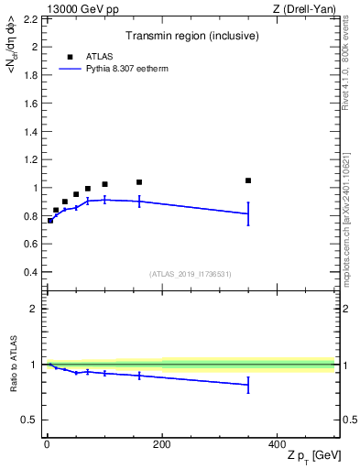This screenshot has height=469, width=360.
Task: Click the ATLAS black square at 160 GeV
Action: point(139,182)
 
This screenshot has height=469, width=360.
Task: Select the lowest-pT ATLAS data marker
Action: point(50,220)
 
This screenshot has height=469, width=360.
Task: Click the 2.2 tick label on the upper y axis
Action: point(31,18)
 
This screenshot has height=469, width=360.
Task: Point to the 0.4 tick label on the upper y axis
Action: point(31,272)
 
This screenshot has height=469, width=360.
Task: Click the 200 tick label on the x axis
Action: point(161,443)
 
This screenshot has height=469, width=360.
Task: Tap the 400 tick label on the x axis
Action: point(277,443)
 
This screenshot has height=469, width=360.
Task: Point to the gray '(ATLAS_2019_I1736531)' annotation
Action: point(190,274)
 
